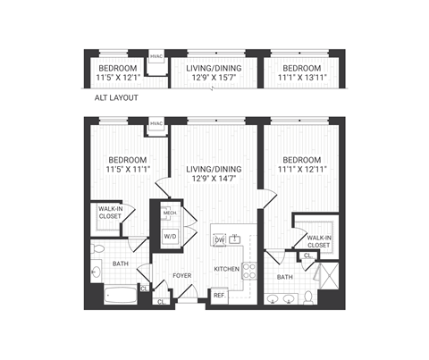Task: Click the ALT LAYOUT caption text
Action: tap(116, 97)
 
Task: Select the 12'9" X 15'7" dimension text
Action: tap(213, 78)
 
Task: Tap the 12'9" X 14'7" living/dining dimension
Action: tap(213, 177)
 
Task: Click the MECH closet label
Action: tap(169, 213)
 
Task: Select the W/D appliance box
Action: tap(169, 235)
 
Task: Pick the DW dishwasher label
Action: tap(220, 239)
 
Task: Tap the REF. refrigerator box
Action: tap(219, 295)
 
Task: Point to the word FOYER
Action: tap(181, 275)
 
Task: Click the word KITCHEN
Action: tap(227, 269)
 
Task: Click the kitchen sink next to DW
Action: tap(236, 239)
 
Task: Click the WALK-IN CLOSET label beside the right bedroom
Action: tap(318, 240)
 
